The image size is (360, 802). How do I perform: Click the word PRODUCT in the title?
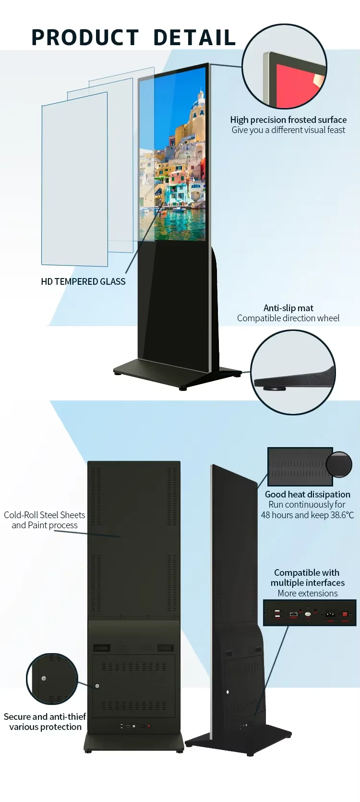tap(85, 37)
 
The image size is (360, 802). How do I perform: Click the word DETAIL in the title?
tap(194, 37)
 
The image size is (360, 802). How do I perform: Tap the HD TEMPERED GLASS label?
tap(83, 281)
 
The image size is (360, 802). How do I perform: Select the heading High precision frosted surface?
tap(288, 120)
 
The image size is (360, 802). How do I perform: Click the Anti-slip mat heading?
tap(288, 308)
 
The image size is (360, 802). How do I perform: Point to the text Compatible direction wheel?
tap(288, 318)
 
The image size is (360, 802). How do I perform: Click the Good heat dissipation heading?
tap(307, 494)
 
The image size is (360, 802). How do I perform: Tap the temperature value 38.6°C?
tap(342, 515)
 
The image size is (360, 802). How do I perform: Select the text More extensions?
tap(307, 593)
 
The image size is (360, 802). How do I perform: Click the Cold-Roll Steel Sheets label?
tap(44, 515)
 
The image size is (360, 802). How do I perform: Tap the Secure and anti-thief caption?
tap(45, 717)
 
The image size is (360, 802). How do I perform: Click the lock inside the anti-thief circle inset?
tap(44, 679)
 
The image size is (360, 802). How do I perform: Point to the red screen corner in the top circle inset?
tap(298, 86)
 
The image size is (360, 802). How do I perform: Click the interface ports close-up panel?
tap(310, 613)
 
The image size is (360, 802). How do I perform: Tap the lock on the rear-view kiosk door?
tap(97, 686)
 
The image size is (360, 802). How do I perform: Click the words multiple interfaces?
tap(307, 583)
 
